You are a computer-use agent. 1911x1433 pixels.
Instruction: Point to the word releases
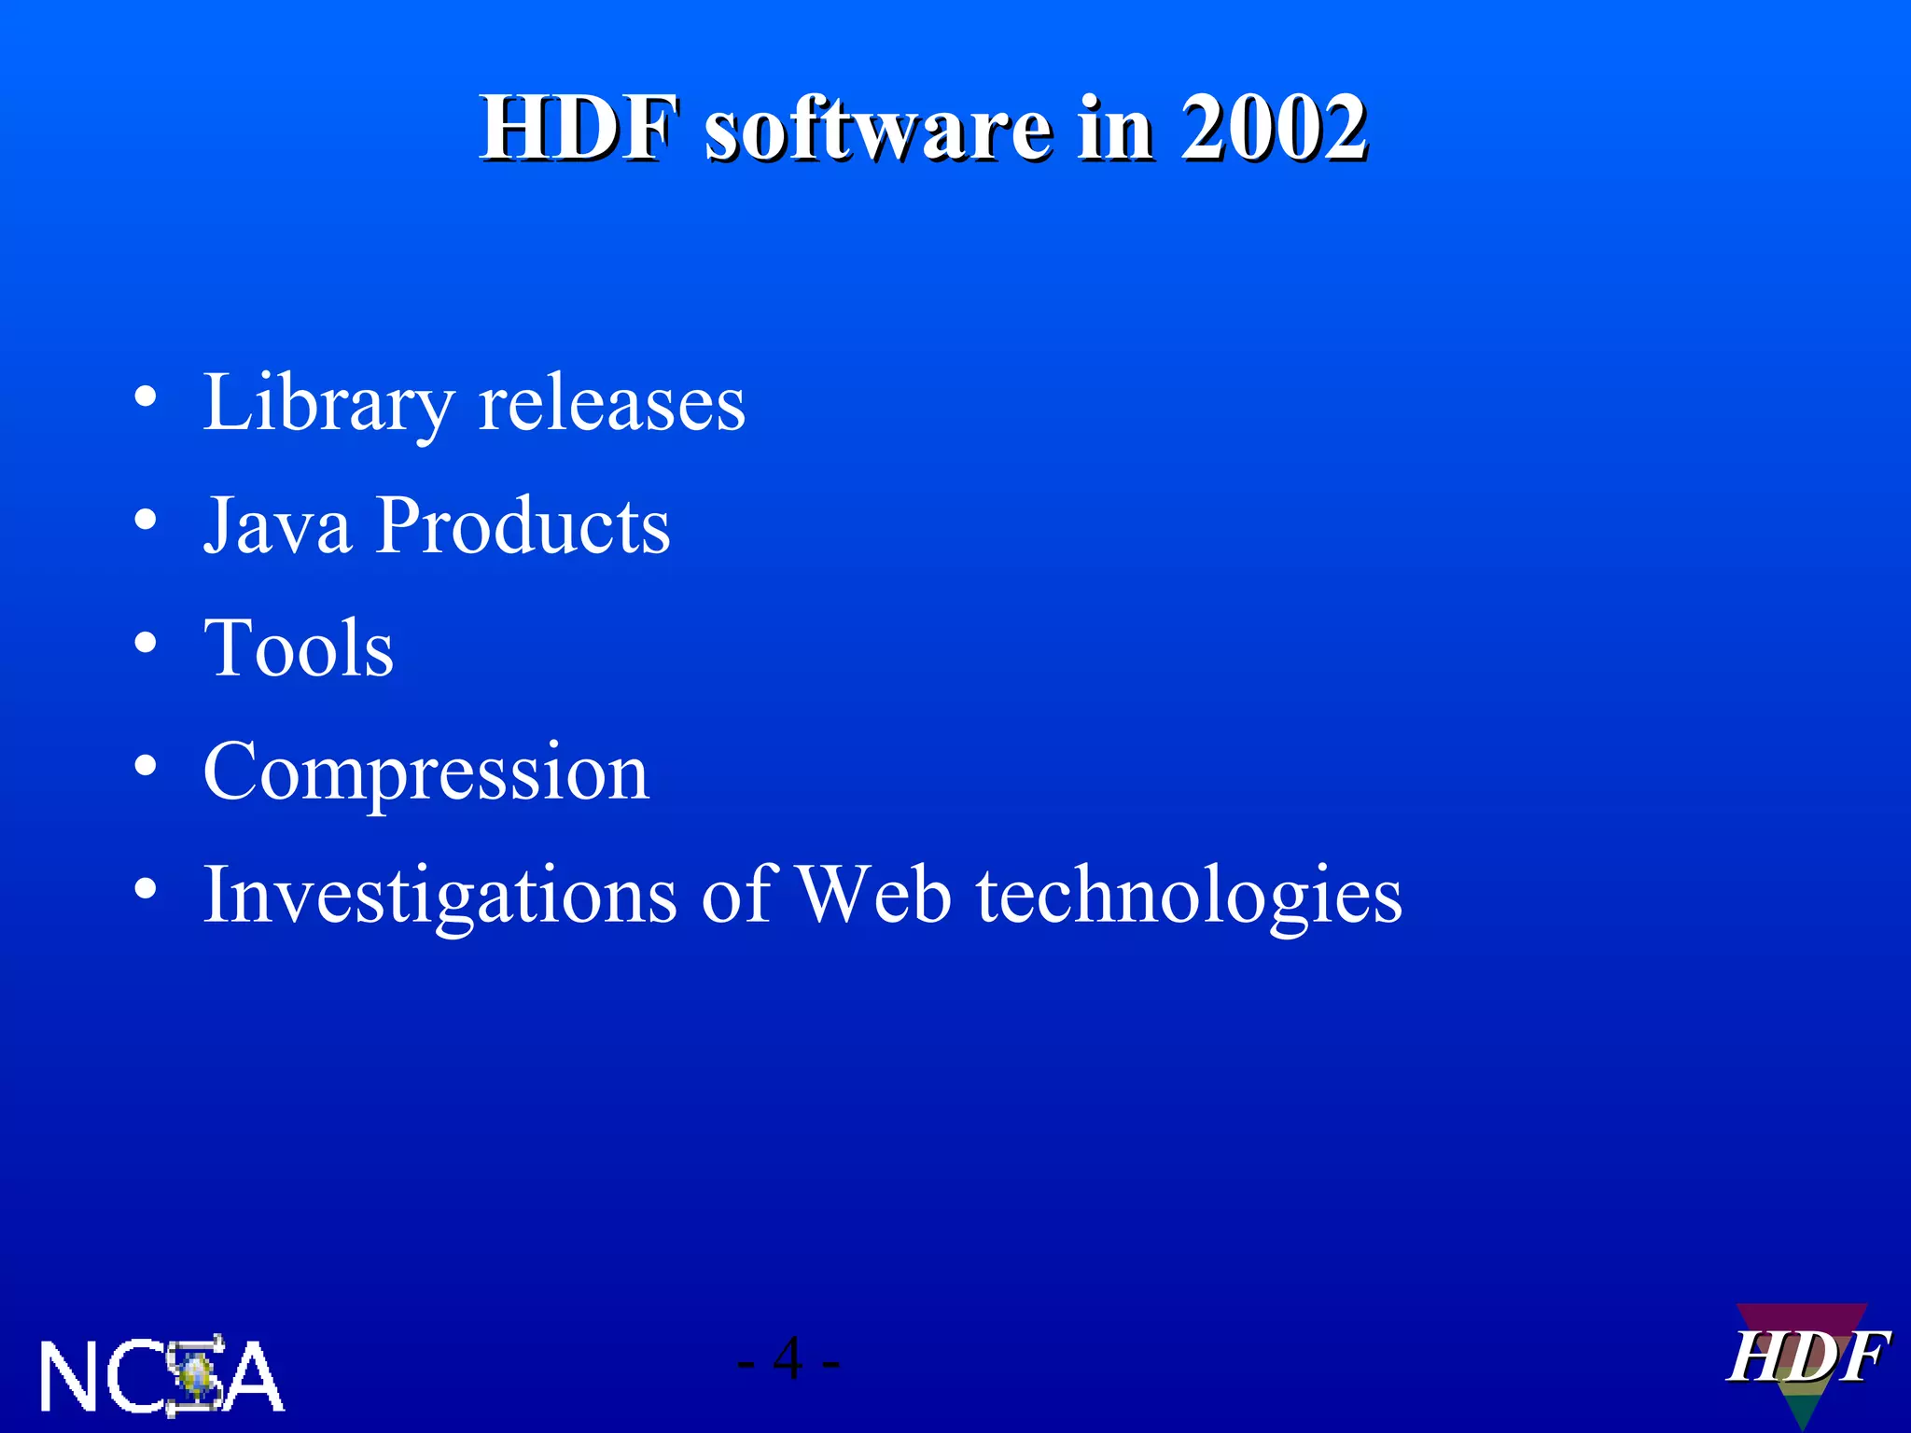pos(611,403)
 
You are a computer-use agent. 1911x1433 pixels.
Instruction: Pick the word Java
pos(277,525)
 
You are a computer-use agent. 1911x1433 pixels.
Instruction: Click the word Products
pos(523,525)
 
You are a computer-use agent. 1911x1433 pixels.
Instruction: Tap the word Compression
pos(425,771)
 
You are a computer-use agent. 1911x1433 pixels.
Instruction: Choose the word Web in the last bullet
pos(874,894)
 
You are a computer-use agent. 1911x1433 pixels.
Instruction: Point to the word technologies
pos(1189,894)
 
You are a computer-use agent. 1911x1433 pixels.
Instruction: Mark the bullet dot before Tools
pos(145,643)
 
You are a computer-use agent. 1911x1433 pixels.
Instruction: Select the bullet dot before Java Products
pos(145,521)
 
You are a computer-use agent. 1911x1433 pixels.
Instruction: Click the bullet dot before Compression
pos(145,766)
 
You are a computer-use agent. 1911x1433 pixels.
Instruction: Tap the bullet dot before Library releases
pos(145,398)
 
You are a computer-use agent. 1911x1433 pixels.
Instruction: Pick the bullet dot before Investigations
pos(145,889)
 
